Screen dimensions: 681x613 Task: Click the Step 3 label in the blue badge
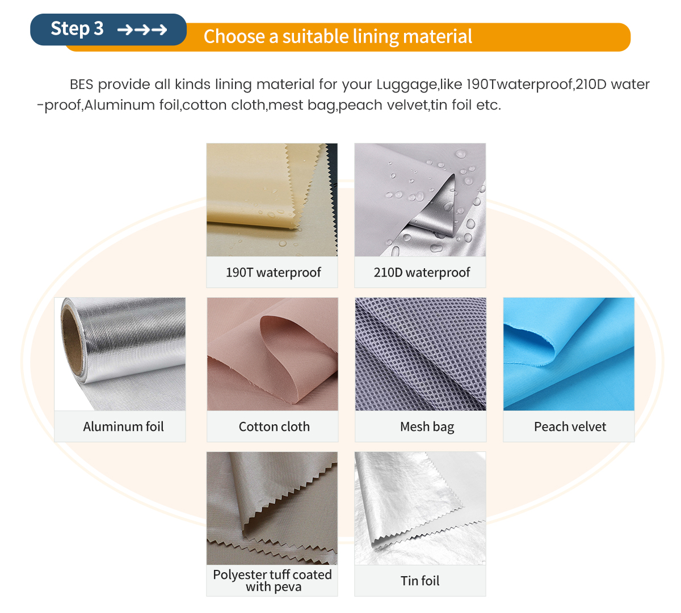coord(77,28)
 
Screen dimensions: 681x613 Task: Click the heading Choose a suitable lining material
coord(338,36)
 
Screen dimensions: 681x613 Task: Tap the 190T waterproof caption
coord(274,272)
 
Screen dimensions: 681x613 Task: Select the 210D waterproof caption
coord(422,272)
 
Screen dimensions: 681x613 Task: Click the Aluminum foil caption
coord(123,426)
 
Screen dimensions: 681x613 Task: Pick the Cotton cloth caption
coord(274,426)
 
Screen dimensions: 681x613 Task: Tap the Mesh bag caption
coord(427,427)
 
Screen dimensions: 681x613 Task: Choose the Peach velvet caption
coord(570,426)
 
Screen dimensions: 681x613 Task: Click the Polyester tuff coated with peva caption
coord(272,581)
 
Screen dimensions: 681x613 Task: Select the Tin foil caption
coord(420,581)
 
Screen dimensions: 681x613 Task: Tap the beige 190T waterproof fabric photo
coord(272,200)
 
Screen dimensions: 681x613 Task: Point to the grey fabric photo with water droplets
coord(421,200)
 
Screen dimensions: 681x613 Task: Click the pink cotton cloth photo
coord(272,354)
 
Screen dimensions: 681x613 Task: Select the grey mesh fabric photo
coord(421,354)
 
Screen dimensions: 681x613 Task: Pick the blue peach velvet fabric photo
coord(569,354)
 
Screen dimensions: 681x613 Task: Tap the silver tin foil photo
coord(421,508)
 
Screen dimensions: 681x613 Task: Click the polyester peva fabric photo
coord(272,508)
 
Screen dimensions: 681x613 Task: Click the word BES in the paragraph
coord(82,84)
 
